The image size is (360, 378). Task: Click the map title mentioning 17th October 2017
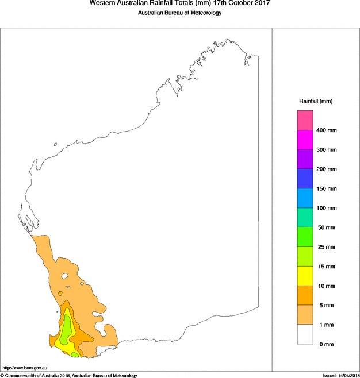179,3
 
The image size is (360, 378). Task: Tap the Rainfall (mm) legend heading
316,101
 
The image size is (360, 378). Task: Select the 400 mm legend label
327,130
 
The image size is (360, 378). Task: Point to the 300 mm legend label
327,150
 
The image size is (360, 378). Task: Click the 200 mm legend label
327,169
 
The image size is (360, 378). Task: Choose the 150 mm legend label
327,189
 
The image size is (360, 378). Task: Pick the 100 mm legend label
327,208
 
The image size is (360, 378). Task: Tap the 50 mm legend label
325,227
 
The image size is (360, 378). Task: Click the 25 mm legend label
325,247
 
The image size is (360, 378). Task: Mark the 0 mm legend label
324,344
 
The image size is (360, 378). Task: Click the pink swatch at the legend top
305,121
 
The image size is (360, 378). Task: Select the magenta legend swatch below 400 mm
305,140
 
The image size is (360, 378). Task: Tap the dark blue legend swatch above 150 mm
305,179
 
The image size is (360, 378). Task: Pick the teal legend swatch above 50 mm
305,218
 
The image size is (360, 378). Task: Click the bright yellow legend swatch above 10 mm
305,276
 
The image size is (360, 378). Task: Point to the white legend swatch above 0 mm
305,334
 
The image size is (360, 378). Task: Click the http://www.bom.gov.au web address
24,368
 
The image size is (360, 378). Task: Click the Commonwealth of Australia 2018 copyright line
69,375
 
